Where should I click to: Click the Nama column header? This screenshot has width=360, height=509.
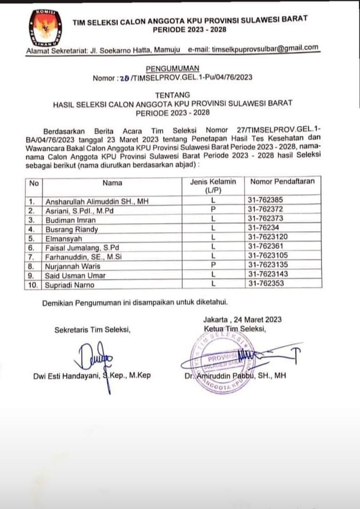(x=113, y=183)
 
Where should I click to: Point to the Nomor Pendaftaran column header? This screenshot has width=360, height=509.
(x=282, y=182)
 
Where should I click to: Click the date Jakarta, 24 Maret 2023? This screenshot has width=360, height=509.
(x=242, y=320)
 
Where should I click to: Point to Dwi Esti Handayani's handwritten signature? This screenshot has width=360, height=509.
(x=97, y=357)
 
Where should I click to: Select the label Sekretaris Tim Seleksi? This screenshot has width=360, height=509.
(x=92, y=331)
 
